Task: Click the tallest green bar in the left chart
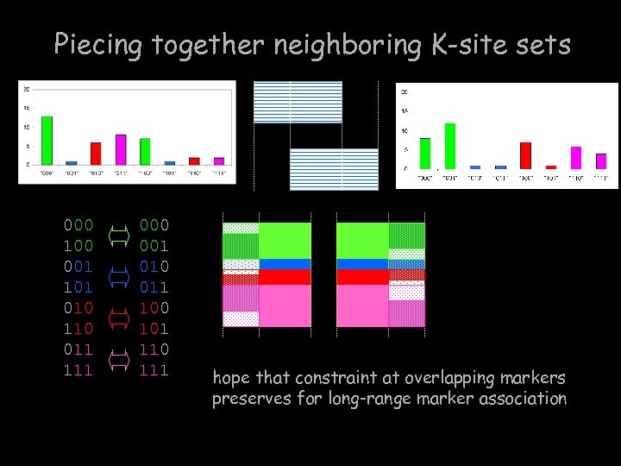(47, 140)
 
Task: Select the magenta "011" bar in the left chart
(121, 149)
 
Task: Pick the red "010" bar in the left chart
(96, 154)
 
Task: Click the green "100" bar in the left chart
(145, 151)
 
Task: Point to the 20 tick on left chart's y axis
(27, 90)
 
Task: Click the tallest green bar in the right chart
(449, 146)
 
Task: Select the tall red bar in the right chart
(525, 155)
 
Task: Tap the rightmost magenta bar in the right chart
(601, 161)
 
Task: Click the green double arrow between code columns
(120, 235)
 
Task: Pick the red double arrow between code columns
(120, 318)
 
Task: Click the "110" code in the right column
(154, 349)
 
